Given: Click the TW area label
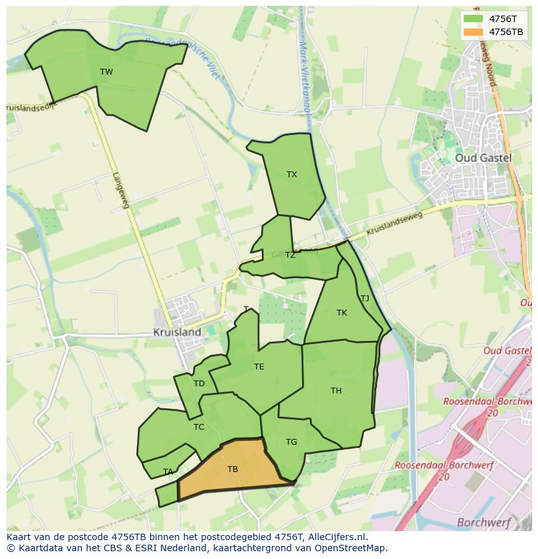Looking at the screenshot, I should [x=107, y=72].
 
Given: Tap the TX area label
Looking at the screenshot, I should [x=292, y=175].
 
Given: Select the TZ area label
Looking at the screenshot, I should [x=290, y=255].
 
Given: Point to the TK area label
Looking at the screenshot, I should [x=342, y=313].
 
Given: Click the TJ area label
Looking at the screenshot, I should [x=365, y=299].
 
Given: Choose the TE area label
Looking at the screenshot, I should [x=259, y=367].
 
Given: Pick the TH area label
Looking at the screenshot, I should [x=336, y=391].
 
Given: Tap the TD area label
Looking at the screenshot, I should [x=199, y=384].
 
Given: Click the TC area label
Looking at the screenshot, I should [x=199, y=427].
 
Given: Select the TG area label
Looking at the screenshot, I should [x=291, y=442].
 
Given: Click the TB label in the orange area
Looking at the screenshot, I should [x=233, y=469].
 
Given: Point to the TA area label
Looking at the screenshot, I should [x=168, y=472].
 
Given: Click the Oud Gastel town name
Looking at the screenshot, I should [x=483, y=158].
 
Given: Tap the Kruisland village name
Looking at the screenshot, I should [x=177, y=332].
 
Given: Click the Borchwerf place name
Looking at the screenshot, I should [x=483, y=522].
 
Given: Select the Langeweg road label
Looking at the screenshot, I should [x=121, y=190].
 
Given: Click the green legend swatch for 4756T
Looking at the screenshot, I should [x=474, y=19].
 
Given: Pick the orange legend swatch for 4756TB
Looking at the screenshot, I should [x=474, y=32].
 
